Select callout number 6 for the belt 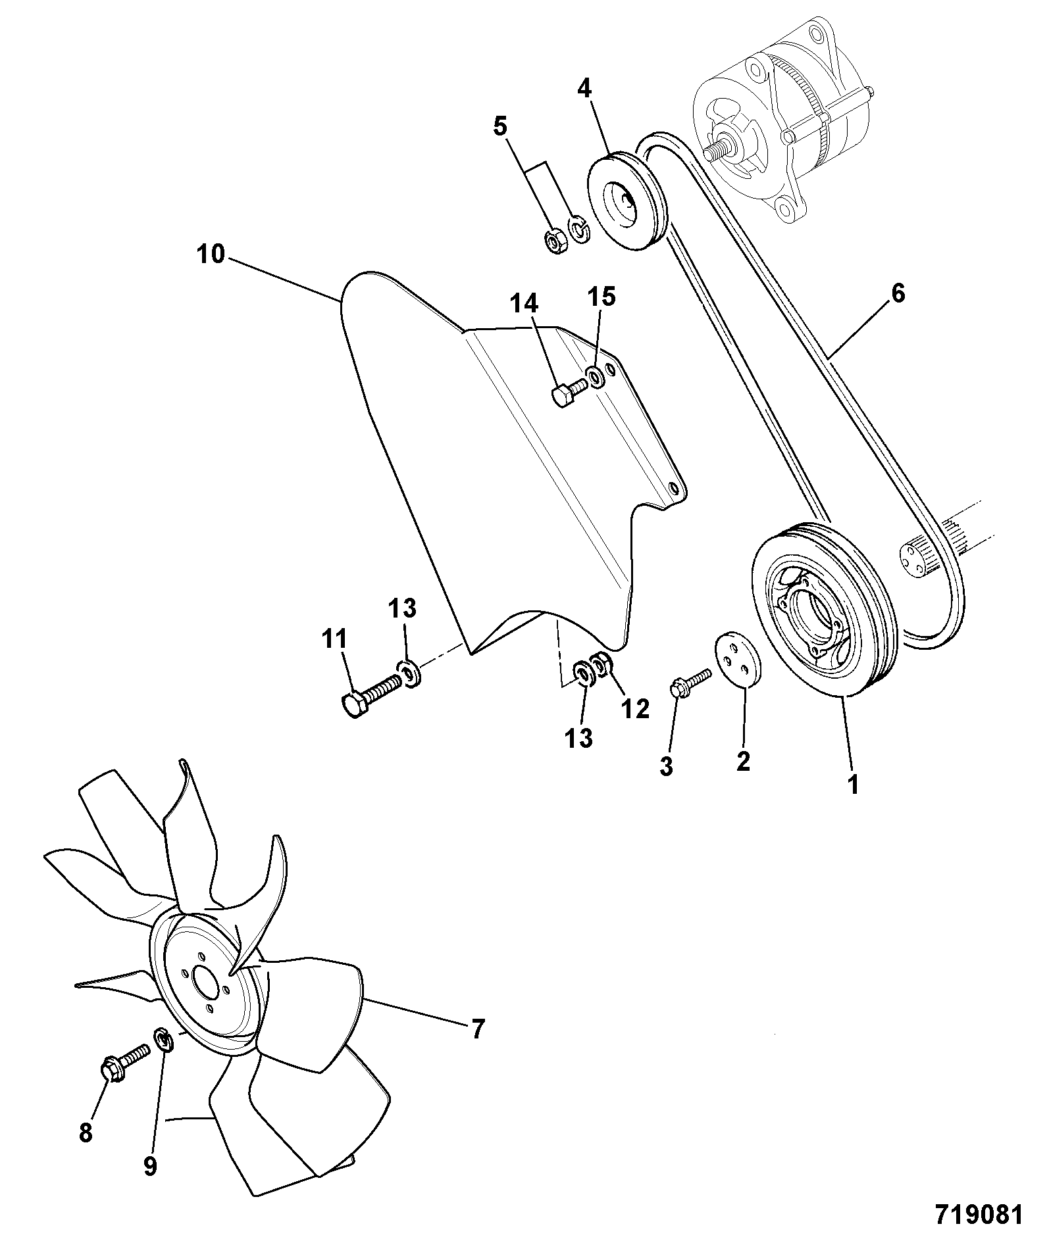click(898, 293)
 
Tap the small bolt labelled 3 click(690, 681)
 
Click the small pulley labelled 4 click(627, 200)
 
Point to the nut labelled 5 click(557, 243)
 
